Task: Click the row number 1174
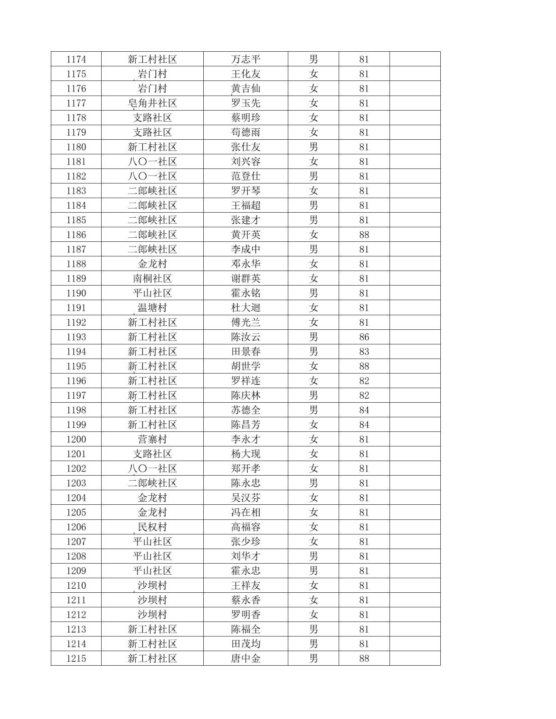click(76, 59)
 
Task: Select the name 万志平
click(246, 59)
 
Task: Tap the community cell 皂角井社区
click(152, 103)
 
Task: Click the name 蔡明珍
click(246, 118)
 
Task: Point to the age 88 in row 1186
click(364, 235)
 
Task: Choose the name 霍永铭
click(246, 293)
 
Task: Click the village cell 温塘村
click(152, 308)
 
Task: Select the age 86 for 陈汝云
click(364, 337)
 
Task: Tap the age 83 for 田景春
click(364, 351)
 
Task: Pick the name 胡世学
click(246, 366)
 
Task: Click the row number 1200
click(76, 439)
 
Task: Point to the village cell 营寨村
click(152, 439)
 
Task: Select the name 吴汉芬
click(246, 498)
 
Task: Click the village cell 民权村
click(152, 527)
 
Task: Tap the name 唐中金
click(246, 659)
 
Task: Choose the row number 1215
click(76, 659)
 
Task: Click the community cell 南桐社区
click(152, 279)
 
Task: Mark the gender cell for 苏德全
click(313, 410)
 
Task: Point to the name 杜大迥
click(246, 308)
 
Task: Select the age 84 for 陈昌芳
click(364, 425)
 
